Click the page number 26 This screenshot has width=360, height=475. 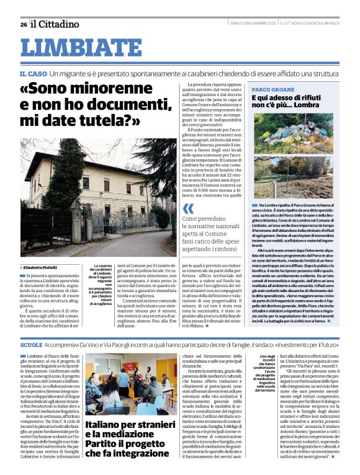[23, 24]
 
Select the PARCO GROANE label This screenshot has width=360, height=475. [273, 89]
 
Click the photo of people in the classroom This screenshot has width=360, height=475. [125, 385]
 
